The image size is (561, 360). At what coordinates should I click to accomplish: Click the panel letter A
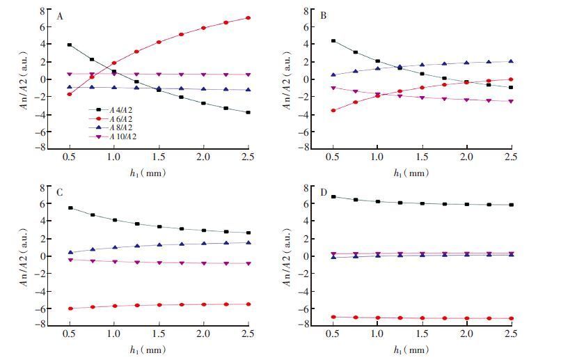pyautogui.click(x=61, y=16)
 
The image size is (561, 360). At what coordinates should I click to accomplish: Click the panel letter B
pyautogui.click(x=322, y=16)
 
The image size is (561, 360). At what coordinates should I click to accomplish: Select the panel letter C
pyautogui.click(x=61, y=193)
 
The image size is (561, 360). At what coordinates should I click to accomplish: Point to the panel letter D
pyautogui.click(x=322, y=193)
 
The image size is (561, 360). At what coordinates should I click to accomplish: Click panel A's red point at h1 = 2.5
pyautogui.click(x=248, y=18)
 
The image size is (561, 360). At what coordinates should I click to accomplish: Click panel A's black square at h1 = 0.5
pyautogui.click(x=70, y=45)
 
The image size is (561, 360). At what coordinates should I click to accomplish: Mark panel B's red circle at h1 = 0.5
pyautogui.click(x=333, y=110)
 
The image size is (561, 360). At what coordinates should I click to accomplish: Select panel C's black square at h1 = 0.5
pyautogui.click(x=70, y=208)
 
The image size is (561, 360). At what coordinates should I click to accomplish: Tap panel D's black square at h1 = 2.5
pyautogui.click(x=511, y=205)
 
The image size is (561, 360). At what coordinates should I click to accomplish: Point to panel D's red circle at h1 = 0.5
pyautogui.click(x=333, y=317)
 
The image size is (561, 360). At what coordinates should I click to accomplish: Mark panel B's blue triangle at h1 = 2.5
pyautogui.click(x=511, y=62)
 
